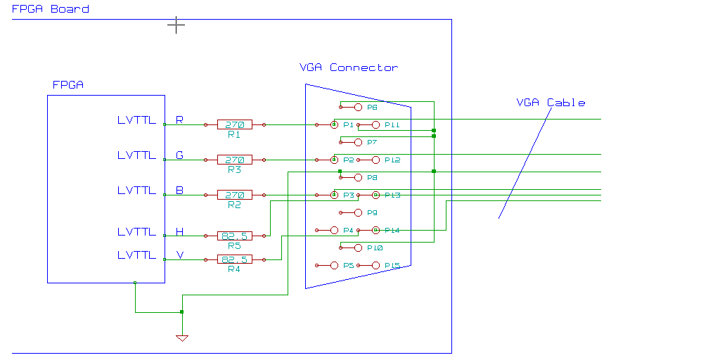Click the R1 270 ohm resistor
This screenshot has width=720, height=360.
tap(234, 124)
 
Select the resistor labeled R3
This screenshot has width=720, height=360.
tap(234, 160)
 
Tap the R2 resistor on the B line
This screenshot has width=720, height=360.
tap(234, 195)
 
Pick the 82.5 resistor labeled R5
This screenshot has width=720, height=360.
tap(234, 236)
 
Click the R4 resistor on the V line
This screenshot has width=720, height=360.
tap(234, 259)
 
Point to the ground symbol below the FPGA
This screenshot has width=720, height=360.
tap(182, 338)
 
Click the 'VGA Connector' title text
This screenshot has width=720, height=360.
tap(348, 67)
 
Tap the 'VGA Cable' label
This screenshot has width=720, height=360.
tap(551, 103)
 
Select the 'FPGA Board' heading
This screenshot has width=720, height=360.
tap(50, 9)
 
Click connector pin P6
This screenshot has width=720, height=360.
tap(358, 107)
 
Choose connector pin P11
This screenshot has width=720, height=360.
tap(375, 124)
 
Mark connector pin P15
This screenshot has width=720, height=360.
tap(375, 265)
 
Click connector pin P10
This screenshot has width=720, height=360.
tap(358, 247)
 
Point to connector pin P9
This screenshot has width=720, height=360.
tap(358, 212)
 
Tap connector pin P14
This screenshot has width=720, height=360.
tap(375, 230)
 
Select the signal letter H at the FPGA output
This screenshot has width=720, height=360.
tap(179, 231)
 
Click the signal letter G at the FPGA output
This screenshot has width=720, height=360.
tap(179, 155)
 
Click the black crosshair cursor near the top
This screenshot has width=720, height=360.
tap(176, 25)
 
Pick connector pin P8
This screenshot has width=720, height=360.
tap(358, 177)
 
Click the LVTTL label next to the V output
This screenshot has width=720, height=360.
tap(136, 255)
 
